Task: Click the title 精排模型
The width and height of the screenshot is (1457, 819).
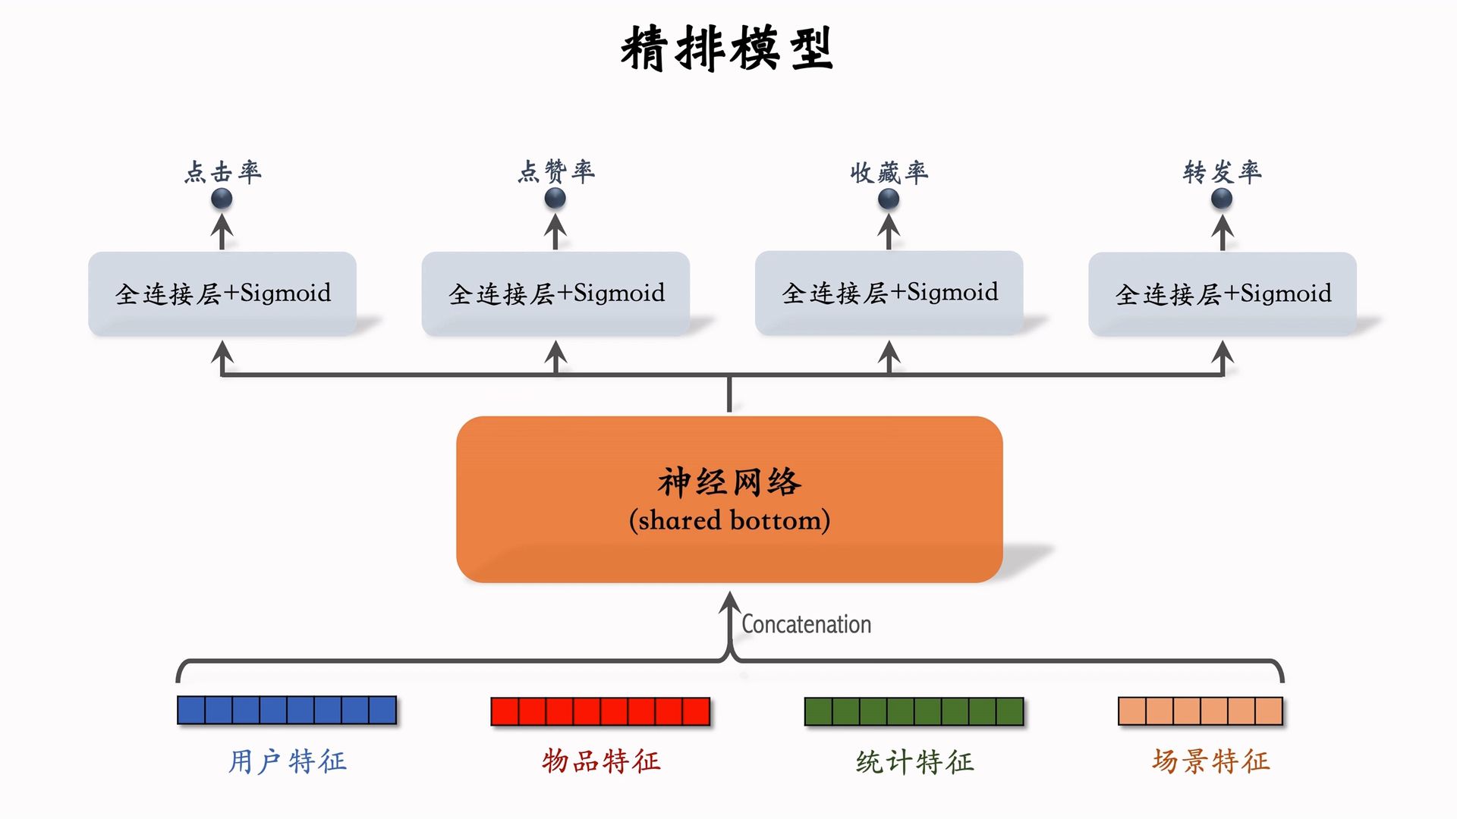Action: pyautogui.click(x=727, y=49)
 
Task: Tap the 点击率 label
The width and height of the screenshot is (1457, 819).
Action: pyautogui.click(x=222, y=172)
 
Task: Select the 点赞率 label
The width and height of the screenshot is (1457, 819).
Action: pyautogui.click(x=556, y=172)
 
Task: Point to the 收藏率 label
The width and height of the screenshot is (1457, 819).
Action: pyautogui.click(x=889, y=173)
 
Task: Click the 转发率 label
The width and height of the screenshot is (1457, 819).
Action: pyautogui.click(x=1222, y=172)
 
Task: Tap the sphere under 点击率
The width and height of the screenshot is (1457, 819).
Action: pyautogui.click(x=222, y=199)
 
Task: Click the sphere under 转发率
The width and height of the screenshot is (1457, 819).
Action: pyautogui.click(x=1222, y=199)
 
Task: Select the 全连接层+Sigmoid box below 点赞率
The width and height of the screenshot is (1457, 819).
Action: pyautogui.click(x=555, y=293)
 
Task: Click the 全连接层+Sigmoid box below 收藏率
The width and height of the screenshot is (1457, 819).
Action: pyautogui.click(x=889, y=293)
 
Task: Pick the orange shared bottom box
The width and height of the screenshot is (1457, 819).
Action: pyautogui.click(x=728, y=499)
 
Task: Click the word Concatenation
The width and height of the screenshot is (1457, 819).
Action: pyautogui.click(x=806, y=624)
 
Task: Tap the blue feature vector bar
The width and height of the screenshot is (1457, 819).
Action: pyautogui.click(x=287, y=711)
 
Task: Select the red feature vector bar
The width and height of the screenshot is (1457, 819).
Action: pyautogui.click(x=600, y=711)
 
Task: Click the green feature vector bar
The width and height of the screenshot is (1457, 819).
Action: pyautogui.click(x=914, y=711)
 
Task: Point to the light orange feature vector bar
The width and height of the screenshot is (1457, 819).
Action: pyautogui.click(x=1201, y=711)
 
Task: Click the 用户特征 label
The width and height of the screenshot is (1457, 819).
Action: pyautogui.click(x=288, y=761)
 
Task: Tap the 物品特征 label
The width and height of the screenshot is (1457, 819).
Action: pyautogui.click(x=601, y=761)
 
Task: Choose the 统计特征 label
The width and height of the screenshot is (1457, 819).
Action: pyautogui.click(x=914, y=761)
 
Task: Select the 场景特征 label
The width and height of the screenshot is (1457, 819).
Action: pyautogui.click(x=1210, y=761)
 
